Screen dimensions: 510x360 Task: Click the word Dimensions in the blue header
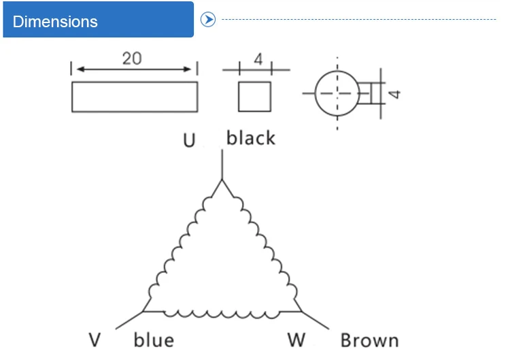pos(55,22)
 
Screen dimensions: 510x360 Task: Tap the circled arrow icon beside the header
pos(208,20)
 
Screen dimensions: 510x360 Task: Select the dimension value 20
pos(132,59)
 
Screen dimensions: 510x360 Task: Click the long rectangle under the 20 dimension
pos(135,82)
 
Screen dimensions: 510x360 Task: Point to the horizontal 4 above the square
pos(258,59)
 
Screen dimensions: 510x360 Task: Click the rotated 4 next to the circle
pos(394,95)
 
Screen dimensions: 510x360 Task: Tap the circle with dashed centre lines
pos(315,93)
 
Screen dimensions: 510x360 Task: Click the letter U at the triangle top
pos(189,140)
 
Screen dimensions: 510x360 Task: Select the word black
pos(250,137)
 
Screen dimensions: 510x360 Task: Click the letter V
pos(95,340)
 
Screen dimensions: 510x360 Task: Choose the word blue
pos(154,340)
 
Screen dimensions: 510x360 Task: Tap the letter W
pos(296,340)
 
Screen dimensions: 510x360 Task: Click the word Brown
pos(369,340)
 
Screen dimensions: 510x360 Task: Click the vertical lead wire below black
pos(222,165)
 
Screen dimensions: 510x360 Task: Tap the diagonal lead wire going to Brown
pos(316,321)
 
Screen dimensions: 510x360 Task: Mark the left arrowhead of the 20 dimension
pos(80,69)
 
